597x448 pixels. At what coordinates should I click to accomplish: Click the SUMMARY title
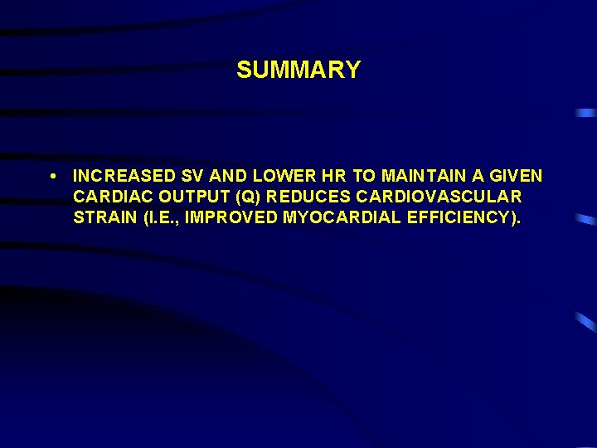coord(298,71)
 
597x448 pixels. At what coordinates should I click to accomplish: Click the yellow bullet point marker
coord(53,176)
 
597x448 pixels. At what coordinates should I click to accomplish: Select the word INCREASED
coord(121,176)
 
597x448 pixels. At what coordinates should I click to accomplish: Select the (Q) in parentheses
coord(238,197)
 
